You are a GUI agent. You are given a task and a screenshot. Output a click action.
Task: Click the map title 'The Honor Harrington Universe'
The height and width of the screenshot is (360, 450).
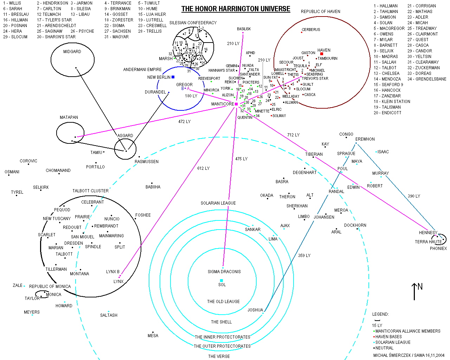(x=236, y=9)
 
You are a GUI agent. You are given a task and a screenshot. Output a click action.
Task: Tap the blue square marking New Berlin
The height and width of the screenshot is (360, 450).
(x=173, y=77)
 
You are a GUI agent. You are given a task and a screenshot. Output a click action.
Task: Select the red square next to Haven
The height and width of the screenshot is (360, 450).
(x=321, y=54)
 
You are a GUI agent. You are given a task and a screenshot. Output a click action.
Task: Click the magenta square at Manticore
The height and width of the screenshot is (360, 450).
(x=236, y=104)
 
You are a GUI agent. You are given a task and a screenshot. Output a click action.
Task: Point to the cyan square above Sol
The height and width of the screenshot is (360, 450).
(x=221, y=280)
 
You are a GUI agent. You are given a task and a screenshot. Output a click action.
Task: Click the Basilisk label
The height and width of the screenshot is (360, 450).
(x=244, y=29)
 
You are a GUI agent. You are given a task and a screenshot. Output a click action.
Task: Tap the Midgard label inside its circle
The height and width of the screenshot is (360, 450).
(x=72, y=52)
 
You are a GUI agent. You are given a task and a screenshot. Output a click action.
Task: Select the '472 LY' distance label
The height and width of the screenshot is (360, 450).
(x=184, y=122)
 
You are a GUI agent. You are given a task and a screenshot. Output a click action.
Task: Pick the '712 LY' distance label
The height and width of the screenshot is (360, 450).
(x=293, y=135)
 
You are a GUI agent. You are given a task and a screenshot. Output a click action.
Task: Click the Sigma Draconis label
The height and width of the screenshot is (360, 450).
(x=224, y=272)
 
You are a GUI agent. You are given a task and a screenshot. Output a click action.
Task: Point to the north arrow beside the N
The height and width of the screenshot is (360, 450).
(x=414, y=291)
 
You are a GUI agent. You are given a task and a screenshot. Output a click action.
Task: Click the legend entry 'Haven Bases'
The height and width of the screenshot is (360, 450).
(x=388, y=337)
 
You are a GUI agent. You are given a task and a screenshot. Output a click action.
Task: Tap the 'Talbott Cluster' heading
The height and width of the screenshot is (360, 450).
(x=90, y=191)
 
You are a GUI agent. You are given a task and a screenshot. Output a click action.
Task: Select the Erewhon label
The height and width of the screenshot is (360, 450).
(x=365, y=139)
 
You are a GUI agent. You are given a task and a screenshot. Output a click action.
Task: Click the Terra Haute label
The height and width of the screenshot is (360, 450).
(x=428, y=242)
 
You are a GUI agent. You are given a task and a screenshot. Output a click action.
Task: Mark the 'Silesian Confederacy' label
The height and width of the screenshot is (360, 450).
(x=193, y=23)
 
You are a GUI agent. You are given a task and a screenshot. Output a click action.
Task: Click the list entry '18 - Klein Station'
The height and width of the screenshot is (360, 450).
(x=392, y=102)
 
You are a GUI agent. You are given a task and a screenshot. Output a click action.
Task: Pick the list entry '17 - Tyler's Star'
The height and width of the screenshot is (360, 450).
(x=54, y=20)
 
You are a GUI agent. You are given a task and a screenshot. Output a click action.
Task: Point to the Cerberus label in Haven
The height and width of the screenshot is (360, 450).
(x=311, y=30)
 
